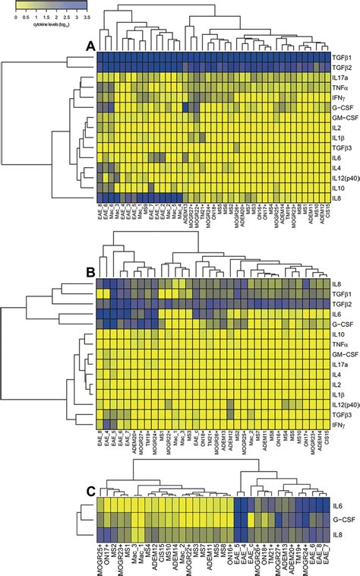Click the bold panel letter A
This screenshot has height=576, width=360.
(x=90, y=47)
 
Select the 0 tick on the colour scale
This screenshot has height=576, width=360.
(x=16, y=15)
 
